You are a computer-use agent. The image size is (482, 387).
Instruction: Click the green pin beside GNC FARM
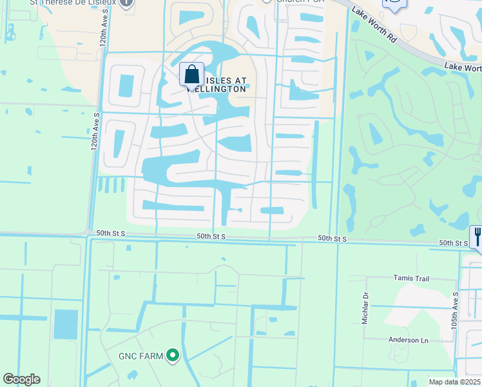pos(172,355)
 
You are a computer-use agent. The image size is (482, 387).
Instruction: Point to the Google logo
pos(21,379)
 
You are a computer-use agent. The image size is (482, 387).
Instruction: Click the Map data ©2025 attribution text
pos(454,382)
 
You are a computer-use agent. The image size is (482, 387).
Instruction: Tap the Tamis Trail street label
pos(411,278)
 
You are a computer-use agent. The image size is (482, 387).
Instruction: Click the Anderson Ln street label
pos(408,340)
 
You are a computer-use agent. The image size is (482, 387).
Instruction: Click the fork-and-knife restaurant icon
pos(477,236)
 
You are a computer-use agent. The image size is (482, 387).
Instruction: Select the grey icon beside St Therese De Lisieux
pos(127,3)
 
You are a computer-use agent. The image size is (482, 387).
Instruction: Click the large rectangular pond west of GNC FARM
pos(66,324)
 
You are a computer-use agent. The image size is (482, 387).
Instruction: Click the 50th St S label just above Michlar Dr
pos(333,239)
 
